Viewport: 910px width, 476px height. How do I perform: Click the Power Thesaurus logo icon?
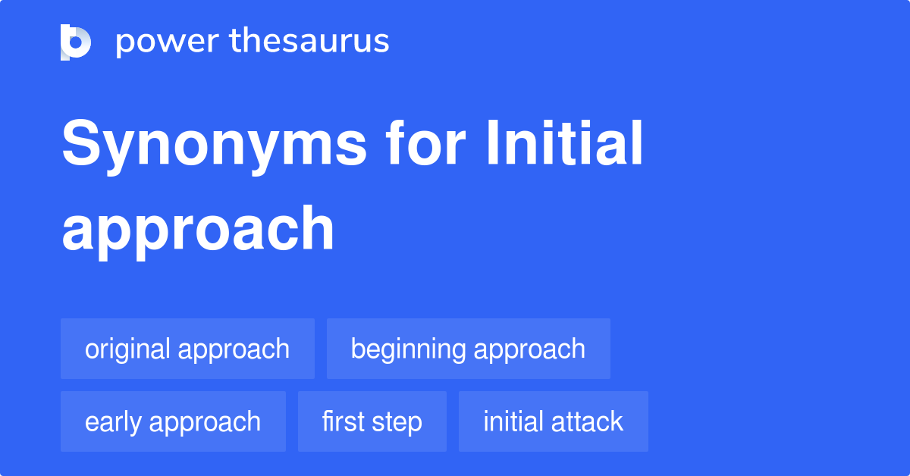pyautogui.click(x=76, y=42)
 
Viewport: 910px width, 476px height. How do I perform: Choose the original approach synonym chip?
pyautogui.click(x=187, y=349)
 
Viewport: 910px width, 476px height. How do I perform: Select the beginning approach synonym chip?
pyautogui.click(x=468, y=349)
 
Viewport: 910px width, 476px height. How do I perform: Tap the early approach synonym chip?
pyautogui.click(x=173, y=421)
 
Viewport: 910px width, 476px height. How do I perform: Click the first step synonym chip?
pyautogui.click(x=372, y=421)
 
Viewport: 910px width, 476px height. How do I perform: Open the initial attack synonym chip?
pyautogui.click(x=553, y=421)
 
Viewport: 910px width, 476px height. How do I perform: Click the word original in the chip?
pyautogui.click(x=127, y=349)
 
